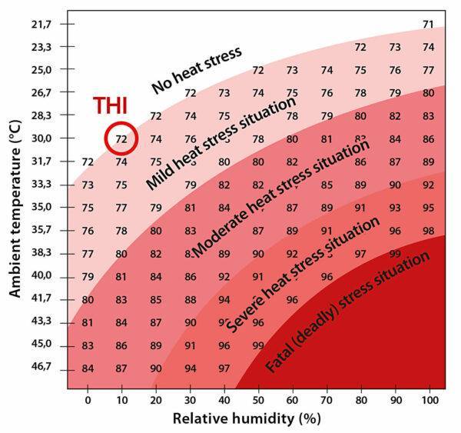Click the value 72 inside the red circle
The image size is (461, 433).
point(121,139)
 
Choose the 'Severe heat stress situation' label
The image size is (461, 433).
point(315,273)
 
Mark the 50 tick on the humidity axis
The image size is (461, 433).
point(257,401)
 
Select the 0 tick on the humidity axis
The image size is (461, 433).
point(88,401)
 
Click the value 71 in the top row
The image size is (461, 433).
point(428,25)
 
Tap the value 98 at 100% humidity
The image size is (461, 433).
point(428,231)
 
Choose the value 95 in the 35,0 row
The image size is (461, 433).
point(428,208)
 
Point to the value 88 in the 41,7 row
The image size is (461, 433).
point(190,300)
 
